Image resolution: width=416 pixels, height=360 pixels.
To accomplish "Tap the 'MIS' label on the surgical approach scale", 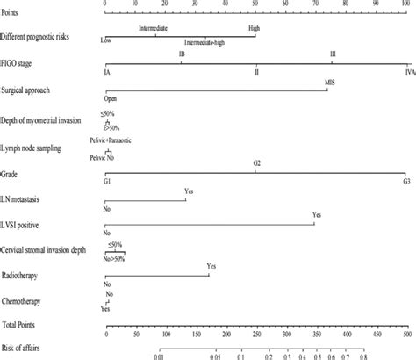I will point(329,82).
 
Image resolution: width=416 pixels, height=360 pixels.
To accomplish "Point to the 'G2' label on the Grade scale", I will point(256,164).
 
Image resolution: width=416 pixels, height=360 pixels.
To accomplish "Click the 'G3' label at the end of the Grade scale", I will point(405,179).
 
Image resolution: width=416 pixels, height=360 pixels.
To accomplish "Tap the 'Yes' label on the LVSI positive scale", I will point(317,214).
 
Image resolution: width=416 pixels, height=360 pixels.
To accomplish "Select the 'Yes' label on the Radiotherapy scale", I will point(211,265).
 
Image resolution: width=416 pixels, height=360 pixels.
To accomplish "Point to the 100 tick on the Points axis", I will point(405,4).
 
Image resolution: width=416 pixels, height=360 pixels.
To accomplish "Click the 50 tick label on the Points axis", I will point(255,4).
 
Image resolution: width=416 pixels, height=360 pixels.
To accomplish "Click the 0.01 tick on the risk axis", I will point(159,356).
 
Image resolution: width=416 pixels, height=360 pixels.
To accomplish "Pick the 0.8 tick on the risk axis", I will point(362,356).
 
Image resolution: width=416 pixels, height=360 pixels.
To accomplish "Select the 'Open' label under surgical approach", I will point(111,99).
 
